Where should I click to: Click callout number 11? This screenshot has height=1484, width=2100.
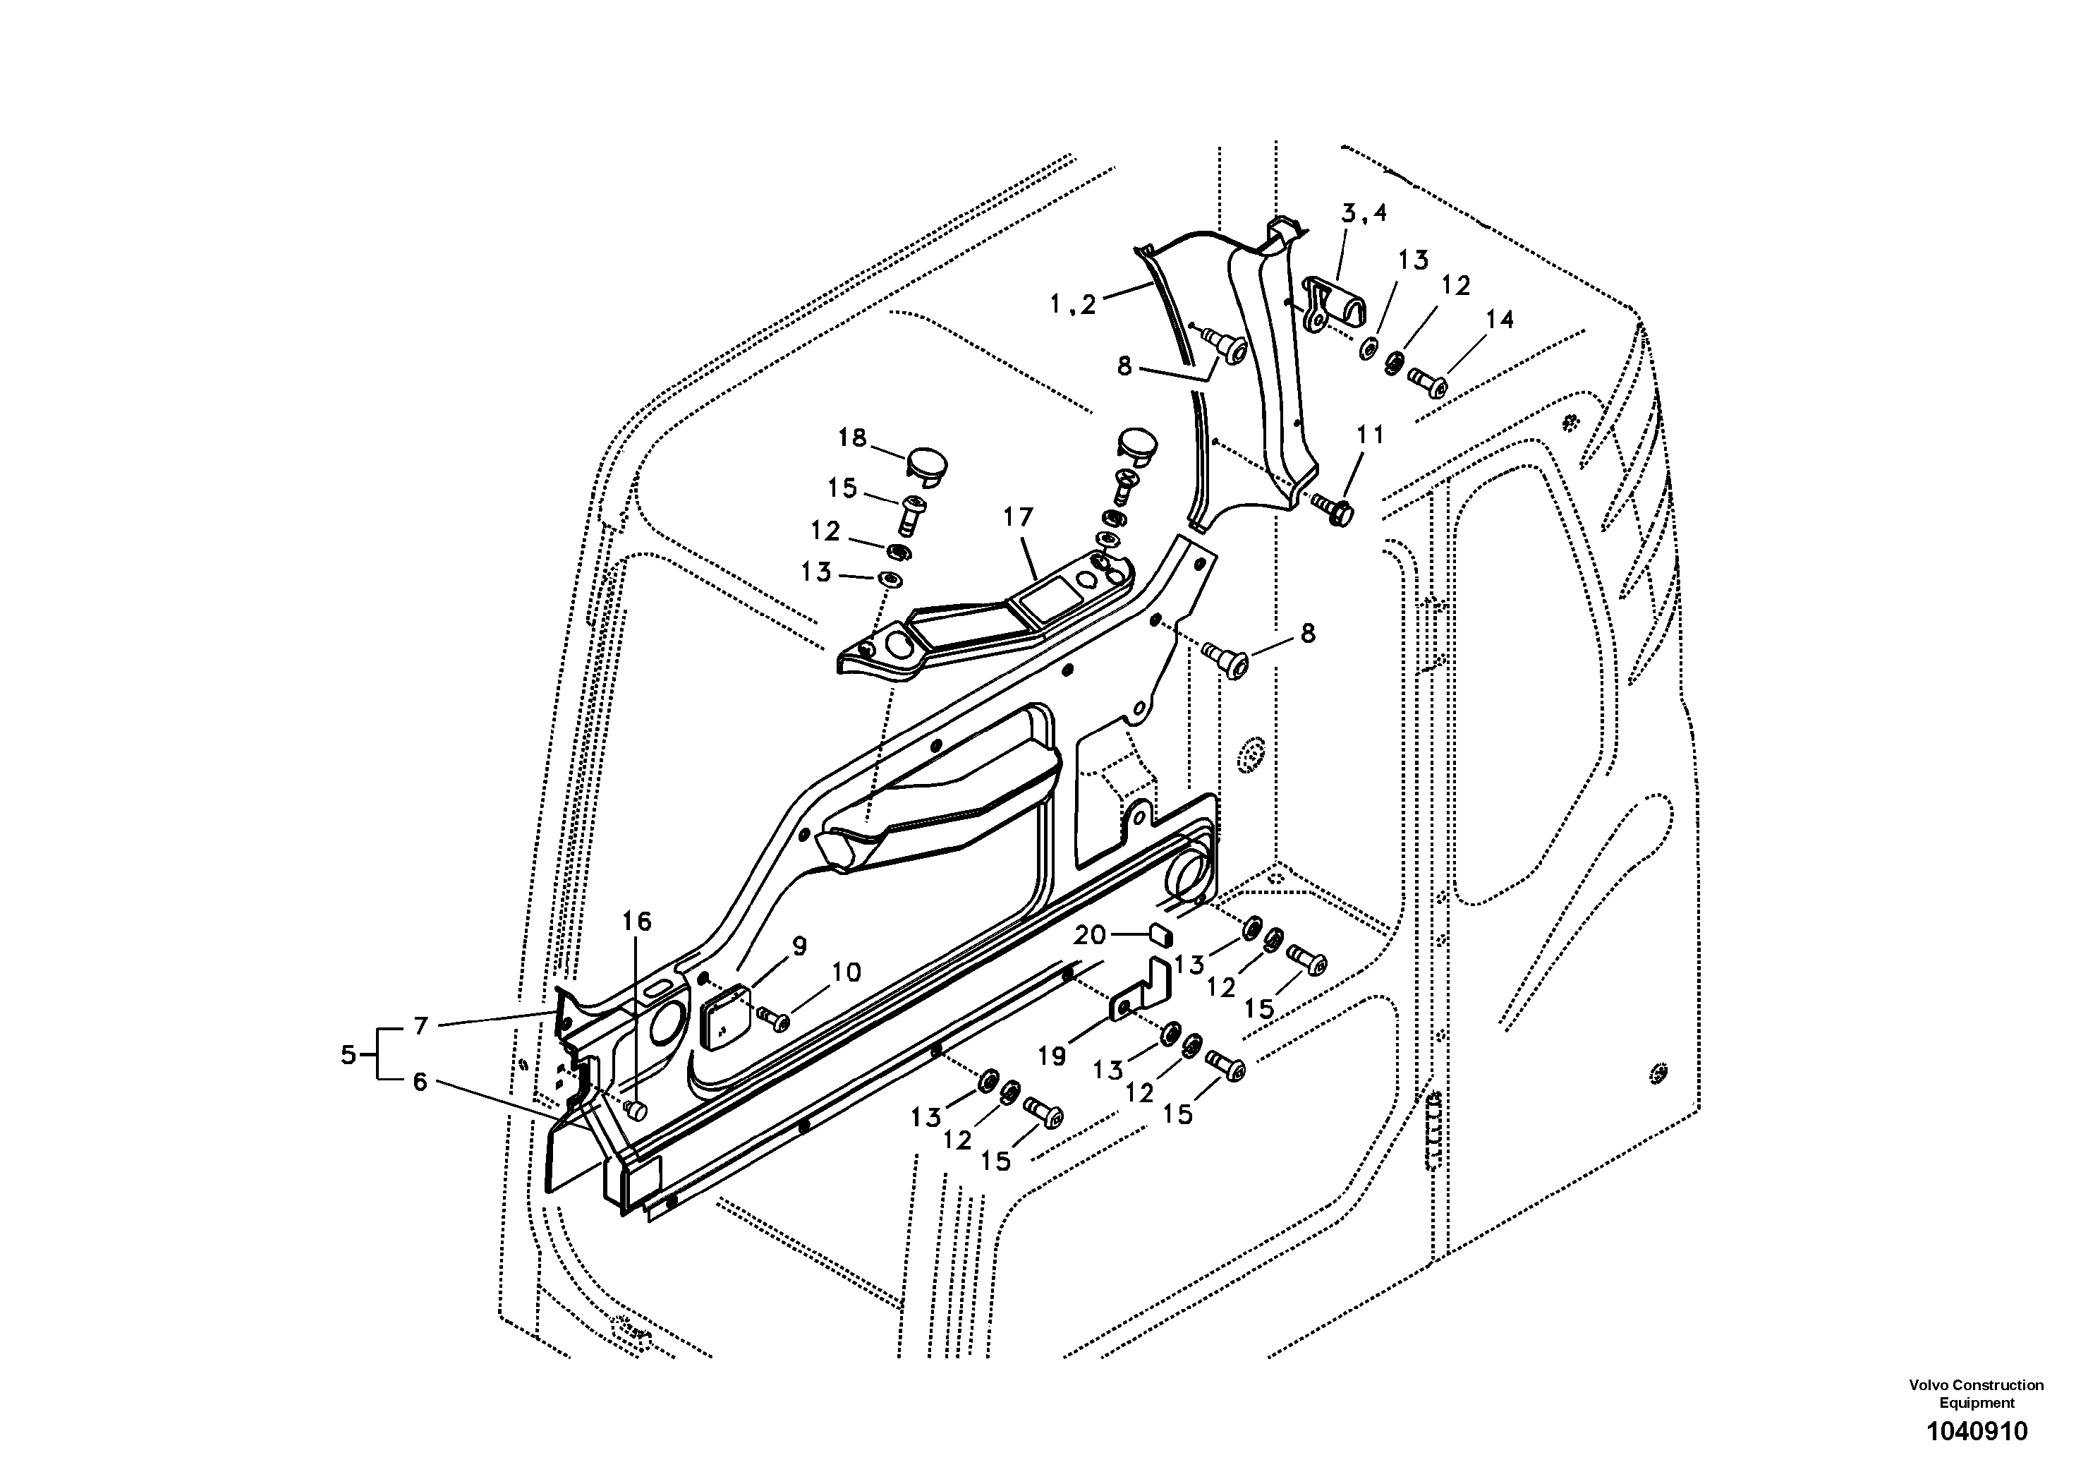(x=1370, y=435)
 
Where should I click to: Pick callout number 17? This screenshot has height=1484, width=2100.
(x=1017, y=518)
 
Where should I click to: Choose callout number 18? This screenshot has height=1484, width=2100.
(x=851, y=438)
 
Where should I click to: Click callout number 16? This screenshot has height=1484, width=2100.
(x=638, y=922)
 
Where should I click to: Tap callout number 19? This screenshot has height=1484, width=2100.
(x=1052, y=1056)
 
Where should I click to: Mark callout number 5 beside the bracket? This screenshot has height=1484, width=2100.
(x=348, y=1055)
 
